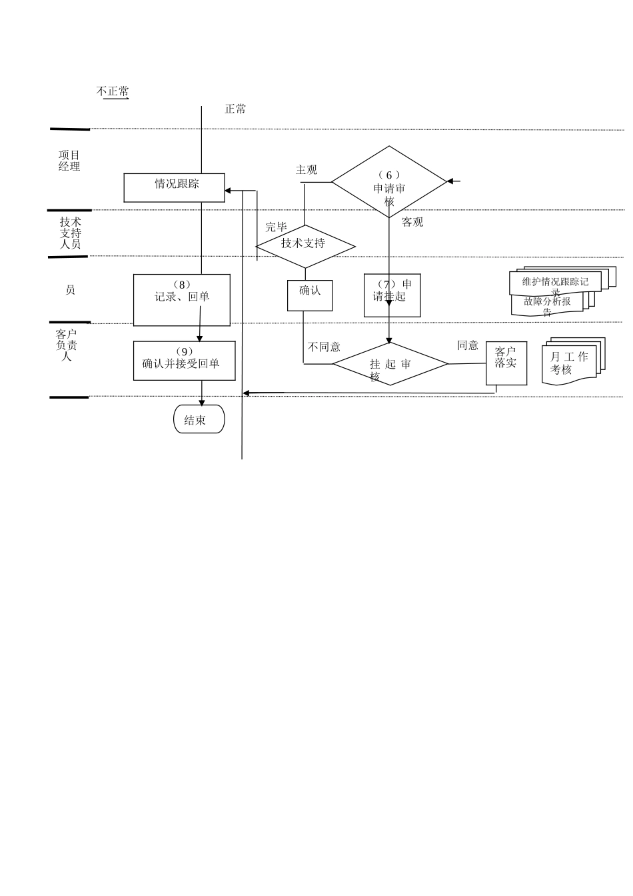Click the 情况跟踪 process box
point(175,187)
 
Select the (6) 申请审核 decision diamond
point(389,181)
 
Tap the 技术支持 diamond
point(305,246)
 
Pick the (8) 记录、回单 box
point(182,300)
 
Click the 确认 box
point(310,295)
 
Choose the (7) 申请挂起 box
point(392,295)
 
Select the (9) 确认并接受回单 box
point(184,361)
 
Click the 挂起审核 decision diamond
point(390,364)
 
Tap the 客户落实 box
point(506,363)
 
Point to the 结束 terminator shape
point(199,419)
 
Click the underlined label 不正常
point(113,91)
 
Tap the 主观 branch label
point(307,170)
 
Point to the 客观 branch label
point(412,222)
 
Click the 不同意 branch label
point(324,347)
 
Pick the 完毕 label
point(276,227)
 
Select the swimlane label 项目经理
point(69,161)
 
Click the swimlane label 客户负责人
point(67,345)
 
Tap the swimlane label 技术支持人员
point(70,233)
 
